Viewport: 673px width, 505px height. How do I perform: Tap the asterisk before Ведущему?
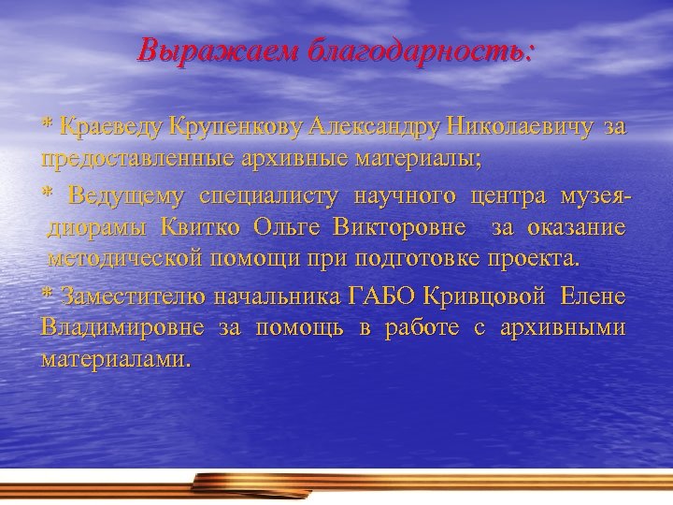click(x=47, y=197)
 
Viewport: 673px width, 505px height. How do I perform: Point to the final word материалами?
click(x=115, y=358)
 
